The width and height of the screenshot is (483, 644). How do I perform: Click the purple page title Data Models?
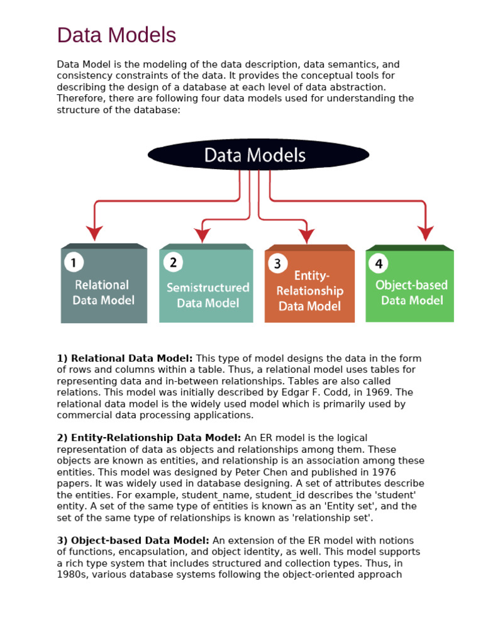click(116, 35)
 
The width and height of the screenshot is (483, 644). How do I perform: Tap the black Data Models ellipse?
click(258, 155)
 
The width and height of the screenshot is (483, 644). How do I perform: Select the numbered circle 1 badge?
click(74, 262)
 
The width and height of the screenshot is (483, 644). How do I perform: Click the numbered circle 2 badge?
click(173, 262)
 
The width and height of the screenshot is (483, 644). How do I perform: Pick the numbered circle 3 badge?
click(277, 264)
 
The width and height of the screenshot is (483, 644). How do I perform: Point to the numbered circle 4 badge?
click(379, 264)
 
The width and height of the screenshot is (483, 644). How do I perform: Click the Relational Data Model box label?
click(104, 292)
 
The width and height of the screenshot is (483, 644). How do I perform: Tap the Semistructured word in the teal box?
click(208, 287)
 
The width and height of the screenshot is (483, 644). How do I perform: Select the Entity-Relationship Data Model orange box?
click(309, 284)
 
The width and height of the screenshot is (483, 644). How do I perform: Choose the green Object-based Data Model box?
click(410, 284)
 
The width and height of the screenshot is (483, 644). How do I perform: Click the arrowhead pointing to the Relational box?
click(94, 233)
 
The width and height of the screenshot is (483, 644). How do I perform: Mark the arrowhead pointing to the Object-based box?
click(426, 233)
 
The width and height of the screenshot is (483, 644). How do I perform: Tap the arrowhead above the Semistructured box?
click(202, 235)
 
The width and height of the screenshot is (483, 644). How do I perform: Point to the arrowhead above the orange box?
click(307, 236)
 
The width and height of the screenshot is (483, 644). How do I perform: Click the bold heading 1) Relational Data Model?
click(125, 358)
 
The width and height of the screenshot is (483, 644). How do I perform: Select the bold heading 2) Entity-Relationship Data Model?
click(149, 438)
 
